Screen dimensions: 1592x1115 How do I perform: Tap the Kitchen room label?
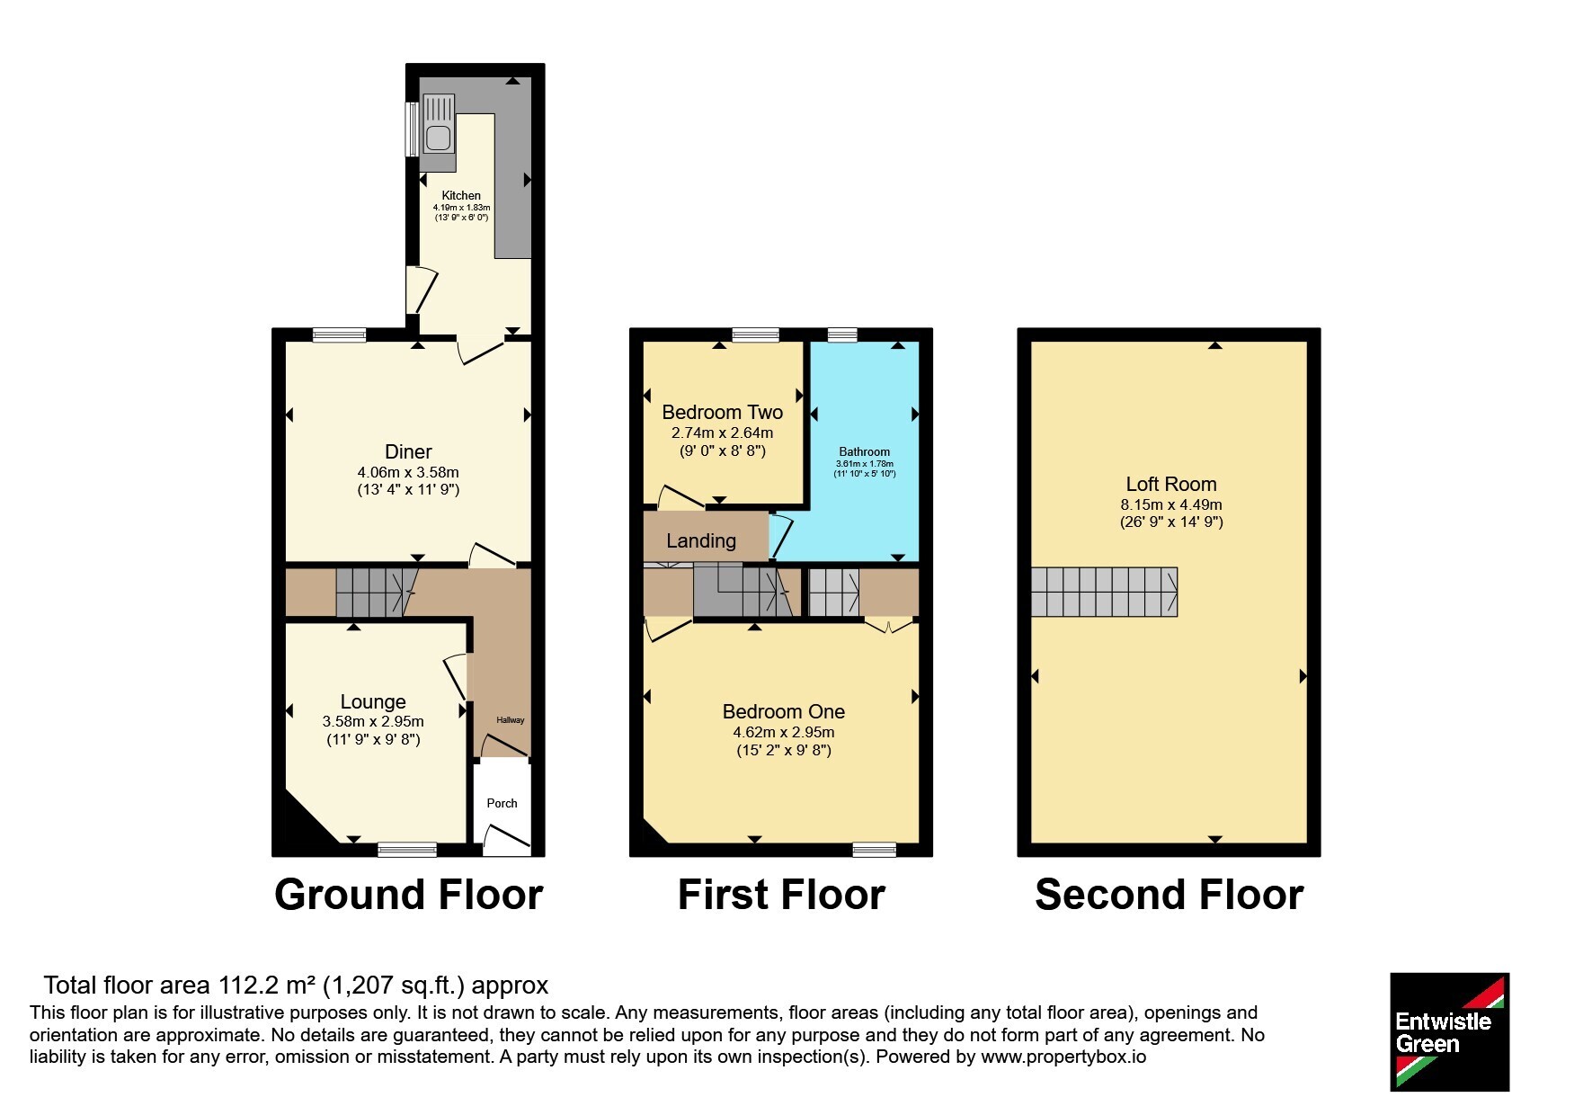click(x=461, y=195)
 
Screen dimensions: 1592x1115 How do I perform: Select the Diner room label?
click(x=408, y=451)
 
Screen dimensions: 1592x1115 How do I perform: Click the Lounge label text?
click(x=373, y=701)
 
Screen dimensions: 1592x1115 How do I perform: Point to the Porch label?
click(x=503, y=803)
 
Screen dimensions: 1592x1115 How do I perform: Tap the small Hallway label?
click(x=511, y=720)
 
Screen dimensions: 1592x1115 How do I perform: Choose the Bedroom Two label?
click(x=723, y=412)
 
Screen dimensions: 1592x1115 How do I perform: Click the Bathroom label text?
click(x=865, y=452)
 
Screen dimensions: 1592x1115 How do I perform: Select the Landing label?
click(x=701, y=540)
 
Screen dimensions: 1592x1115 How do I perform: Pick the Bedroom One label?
click(x=784, y=711)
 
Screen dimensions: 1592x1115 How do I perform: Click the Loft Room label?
click(x=1171, y=484)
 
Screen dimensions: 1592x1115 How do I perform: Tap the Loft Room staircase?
click(x=1104, y=592)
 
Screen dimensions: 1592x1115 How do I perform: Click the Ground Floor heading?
click(x=409, y=895)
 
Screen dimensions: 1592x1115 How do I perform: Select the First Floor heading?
click(x=782, y=895)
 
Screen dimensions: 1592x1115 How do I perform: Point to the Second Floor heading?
click(x=1170, y=895)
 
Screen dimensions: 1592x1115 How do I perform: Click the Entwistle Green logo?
click(x=1450, y=1032)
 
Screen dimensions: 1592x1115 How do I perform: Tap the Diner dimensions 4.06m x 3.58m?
click(x=408, y=472)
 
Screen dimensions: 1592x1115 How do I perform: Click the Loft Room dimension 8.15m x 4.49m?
click(x=1171, y=504)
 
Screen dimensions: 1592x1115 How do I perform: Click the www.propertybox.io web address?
click(x=1063, y=1057)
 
